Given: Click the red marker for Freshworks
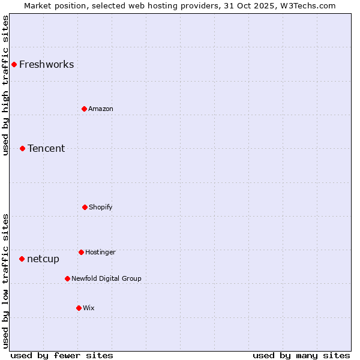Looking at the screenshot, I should [14, 64].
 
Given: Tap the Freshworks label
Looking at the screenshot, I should [46, 65].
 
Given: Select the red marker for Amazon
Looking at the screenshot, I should [84, 109].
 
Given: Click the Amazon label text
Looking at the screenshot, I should [101, 109].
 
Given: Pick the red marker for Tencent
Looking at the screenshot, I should [22, 148].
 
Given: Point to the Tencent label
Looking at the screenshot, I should [46, 149].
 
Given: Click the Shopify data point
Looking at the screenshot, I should [85, 207].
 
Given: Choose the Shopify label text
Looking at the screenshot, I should [101, 208].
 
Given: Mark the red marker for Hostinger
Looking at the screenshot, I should [81, 252].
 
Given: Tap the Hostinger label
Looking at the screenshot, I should [100, 253].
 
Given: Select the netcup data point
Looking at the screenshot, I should [22, 259].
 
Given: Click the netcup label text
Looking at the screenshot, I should [43, 259].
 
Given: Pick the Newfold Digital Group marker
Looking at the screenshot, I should [67, 278].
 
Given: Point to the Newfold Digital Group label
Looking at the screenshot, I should [106, 279].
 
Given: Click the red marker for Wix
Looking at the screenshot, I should [79, 308].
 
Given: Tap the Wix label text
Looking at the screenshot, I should [89, 308].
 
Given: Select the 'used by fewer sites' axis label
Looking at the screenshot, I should [62, 356].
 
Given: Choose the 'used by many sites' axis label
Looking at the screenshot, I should [301, 356].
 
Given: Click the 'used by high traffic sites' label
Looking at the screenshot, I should [6, 85].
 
